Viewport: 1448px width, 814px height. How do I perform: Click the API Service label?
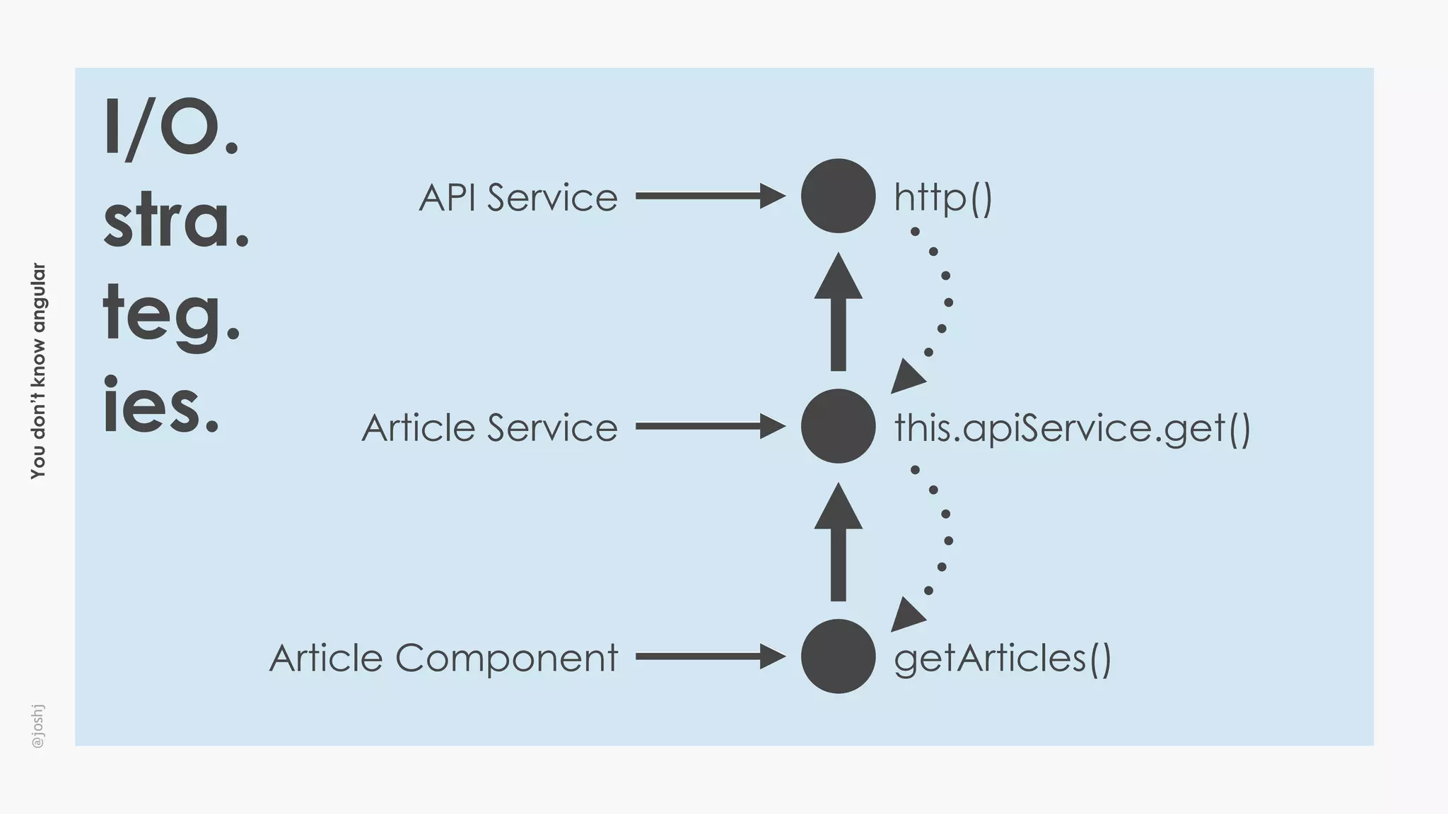point(518,197)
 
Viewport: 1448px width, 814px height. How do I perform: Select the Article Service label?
point(489,427)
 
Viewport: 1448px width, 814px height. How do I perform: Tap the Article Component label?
point(443,658)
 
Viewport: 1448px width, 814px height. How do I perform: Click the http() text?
point(943,197)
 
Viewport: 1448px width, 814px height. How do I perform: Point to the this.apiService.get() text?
point(1072,428)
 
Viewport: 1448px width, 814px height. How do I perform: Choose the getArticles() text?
point(1002,659)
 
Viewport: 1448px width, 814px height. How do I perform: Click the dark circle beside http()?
point(838,196)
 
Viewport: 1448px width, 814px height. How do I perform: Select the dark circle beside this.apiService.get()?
point(838,426)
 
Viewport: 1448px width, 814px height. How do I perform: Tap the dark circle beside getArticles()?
point(838,656)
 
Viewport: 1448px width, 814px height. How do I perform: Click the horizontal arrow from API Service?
point(709,196)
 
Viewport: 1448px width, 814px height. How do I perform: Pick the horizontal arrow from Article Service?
point(709,426)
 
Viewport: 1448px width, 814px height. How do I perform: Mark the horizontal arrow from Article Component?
point(709,656)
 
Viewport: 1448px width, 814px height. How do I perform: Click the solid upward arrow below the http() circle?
point(838,313)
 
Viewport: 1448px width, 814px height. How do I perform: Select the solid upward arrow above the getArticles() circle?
point(838,543)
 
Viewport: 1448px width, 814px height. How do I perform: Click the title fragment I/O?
point(170,129)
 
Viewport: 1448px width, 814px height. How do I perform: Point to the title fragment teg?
point(170,314)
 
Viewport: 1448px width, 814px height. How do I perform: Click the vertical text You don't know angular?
point(38,371)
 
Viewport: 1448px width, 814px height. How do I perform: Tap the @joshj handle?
point(38,726)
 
